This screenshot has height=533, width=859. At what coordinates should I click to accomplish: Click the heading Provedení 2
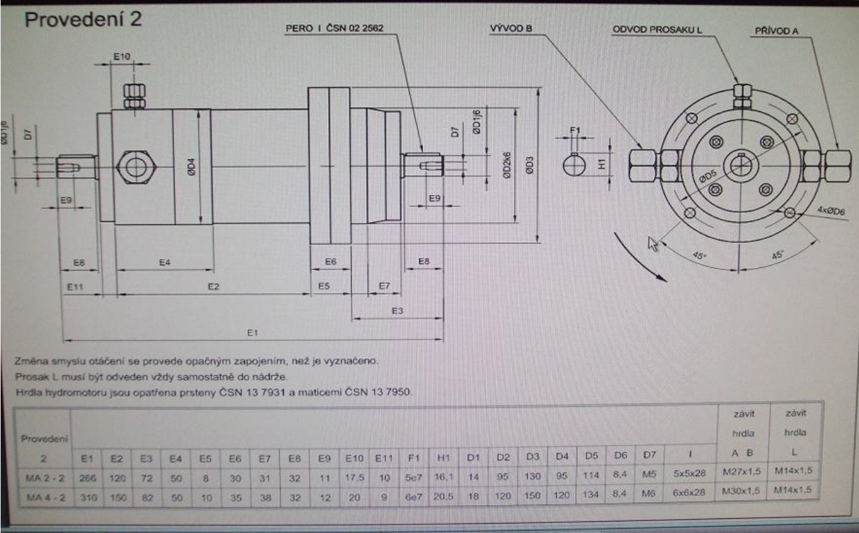[82, 18]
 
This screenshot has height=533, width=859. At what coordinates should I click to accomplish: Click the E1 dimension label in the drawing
[252, 333]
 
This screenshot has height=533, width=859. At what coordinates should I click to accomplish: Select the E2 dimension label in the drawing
[214, 286]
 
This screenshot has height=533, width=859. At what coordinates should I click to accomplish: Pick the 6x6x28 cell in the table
[689, 490]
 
